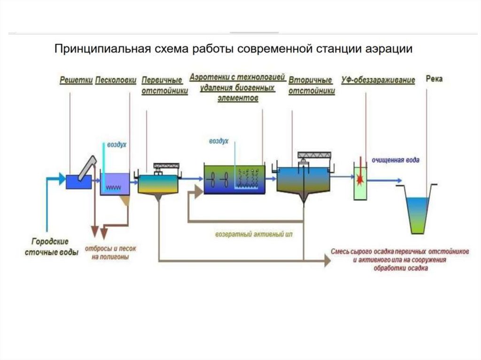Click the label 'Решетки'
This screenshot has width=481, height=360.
coord(76,80)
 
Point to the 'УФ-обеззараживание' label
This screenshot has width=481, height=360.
coord(378,80)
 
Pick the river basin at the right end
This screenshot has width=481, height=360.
coord(418,211)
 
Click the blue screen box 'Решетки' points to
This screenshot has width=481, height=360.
coord(78,182)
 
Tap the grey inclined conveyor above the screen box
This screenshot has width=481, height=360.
coord(88,167)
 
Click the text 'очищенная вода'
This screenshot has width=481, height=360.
coord(396,161)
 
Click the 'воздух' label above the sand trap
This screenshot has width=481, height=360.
coord(117,146)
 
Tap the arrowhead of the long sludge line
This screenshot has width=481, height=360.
coord(327,261)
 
